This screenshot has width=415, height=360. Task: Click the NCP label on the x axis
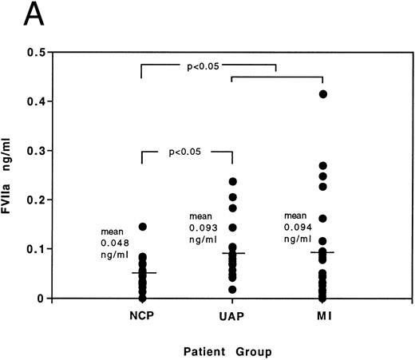point(140,316)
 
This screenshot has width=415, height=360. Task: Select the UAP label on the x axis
point(231,316)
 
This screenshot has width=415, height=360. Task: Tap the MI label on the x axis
point(322,316)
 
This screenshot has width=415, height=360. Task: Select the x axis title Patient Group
point(231,348)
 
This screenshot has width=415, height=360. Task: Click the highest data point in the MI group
point(323,94)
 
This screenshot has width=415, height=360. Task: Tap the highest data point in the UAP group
point(232,182)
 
